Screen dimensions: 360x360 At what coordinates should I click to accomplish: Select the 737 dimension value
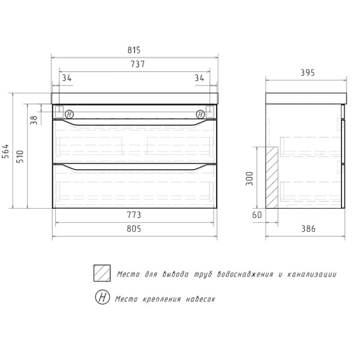135,65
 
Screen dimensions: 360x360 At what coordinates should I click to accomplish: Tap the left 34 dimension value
67,77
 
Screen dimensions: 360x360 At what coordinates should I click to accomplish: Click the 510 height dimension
22,158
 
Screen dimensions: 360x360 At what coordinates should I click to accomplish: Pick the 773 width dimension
134,214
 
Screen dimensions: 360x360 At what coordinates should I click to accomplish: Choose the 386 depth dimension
307,228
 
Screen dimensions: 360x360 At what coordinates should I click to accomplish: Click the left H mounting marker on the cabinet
68,113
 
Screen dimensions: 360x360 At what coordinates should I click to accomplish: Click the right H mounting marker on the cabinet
200,113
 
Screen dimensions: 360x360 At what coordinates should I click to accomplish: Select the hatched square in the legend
102,274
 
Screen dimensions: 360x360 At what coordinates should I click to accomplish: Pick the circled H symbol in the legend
102,298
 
